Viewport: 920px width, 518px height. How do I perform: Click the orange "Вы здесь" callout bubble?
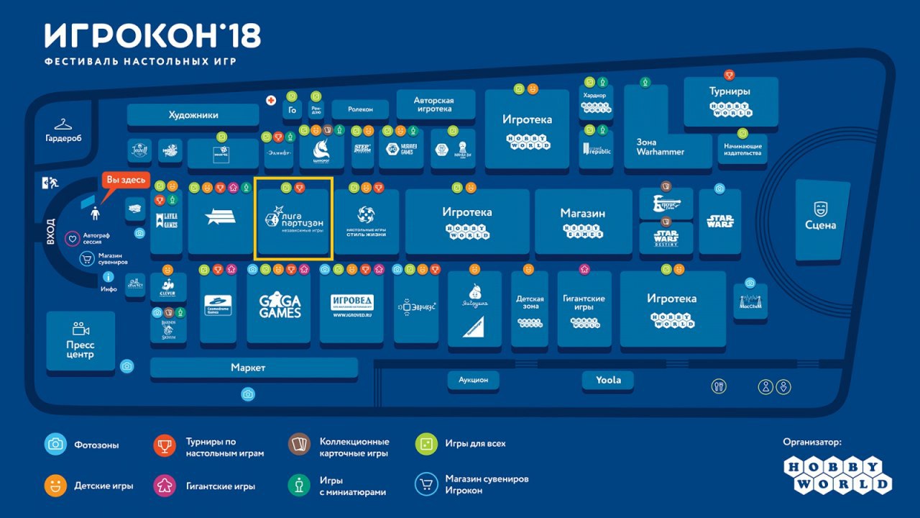pyautogui.click(x=126, y=179)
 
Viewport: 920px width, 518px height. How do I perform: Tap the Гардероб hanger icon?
pyautogui.click(x=63, y=124)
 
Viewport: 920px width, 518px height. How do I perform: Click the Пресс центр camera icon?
pyautogui.click(x=80, y=329)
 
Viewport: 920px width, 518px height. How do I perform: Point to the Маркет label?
pyautogui.click(x=248, y=368)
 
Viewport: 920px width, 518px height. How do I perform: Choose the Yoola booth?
pyautogui.click(x=608, y=380)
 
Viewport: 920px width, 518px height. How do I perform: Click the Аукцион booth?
pyautogui.click(x=473, y=380)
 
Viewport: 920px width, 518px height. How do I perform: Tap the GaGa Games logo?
pyautogui.click(x=280, y=307)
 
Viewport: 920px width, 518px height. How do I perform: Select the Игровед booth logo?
pyautogui.click(x=352, y=305)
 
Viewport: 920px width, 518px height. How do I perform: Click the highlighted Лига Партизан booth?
pyautogui.click(x=293, y=219)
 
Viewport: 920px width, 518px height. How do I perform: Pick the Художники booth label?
pyautogui.click(x=193, y=115)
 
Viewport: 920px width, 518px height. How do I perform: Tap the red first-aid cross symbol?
pyautogui.click(x=271, y=100)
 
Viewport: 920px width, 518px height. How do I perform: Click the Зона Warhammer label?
pyautogui.click(x=660, y=147)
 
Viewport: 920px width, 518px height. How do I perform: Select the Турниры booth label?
pyautogui.click(x=730, y=91)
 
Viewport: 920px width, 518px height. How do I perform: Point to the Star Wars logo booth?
pyautogui.click(x=719, y=221)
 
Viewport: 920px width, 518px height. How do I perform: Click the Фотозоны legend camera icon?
pyautogui.click(x=55, y=444)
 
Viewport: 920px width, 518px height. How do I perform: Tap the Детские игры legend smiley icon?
pyautogui.click(x=55, y=486)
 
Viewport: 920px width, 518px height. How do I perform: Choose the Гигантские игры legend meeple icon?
pyautogui.click(x=165, y=486)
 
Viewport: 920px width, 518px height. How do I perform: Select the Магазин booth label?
pyautogui.click(x=583, y=213)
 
